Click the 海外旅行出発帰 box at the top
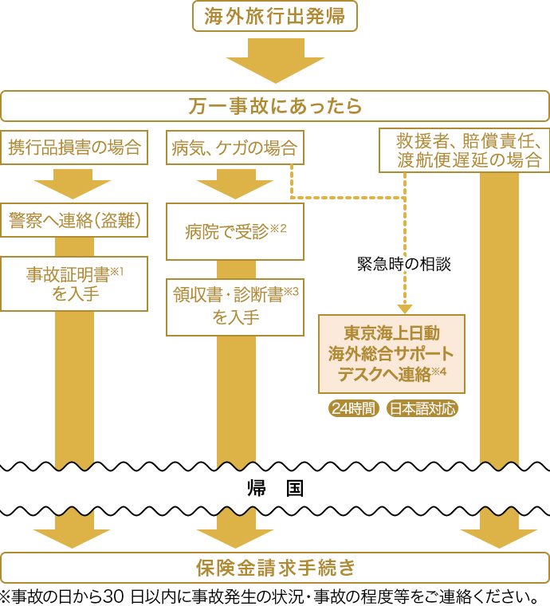275,16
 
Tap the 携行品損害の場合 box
74,148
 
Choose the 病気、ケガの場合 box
235,148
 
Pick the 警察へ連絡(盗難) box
74,221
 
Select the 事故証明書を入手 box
74,283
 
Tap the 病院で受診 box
235,231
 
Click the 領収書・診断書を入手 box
235,306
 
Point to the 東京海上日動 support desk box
391,354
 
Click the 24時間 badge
353,408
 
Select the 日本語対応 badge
422,408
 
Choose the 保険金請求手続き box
275,567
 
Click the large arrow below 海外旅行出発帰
275,61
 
